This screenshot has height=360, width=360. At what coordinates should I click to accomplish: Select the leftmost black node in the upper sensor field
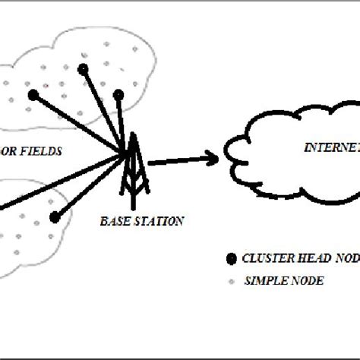pos(33,95)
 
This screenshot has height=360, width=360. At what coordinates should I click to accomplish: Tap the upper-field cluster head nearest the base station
pos(118,93)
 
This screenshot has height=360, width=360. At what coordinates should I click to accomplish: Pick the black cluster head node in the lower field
pos(55,217)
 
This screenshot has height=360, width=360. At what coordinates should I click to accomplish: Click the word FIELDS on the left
pos(39,151)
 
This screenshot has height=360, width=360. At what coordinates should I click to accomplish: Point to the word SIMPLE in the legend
pos(262,280)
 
